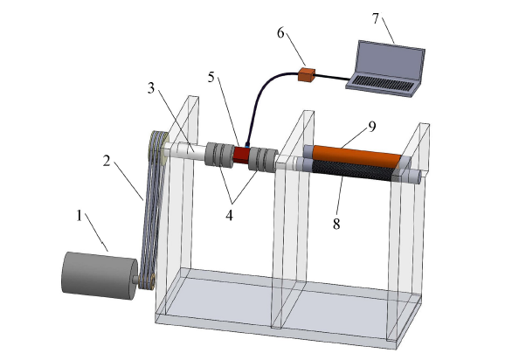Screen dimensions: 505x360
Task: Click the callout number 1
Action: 80,216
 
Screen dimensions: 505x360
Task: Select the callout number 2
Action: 107,161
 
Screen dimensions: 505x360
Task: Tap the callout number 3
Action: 151,88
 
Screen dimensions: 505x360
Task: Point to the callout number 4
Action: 229,216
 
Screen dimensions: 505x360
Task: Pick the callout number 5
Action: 211,77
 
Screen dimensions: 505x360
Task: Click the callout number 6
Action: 280,33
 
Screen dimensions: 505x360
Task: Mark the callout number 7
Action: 376,18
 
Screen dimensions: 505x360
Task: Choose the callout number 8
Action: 336,224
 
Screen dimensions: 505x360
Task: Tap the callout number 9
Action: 372,127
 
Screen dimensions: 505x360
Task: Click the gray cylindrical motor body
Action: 100,275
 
